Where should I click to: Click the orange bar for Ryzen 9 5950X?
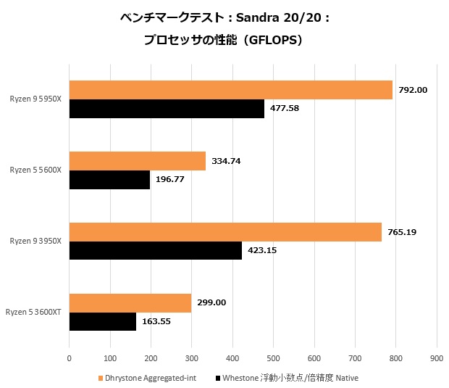pyautogui.click(x=230, y=90)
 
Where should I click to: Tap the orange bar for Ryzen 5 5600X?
pyautogui.click(x=138, y=161)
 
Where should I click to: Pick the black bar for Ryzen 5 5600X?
pyautogui.click(x=109, y=180)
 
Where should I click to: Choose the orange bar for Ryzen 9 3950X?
pyautogui.click(x=225, y=232)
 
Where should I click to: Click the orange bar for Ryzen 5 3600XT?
pyautogui.click(x=130, y=302)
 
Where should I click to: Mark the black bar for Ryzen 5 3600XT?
pyautogui.click(x=103, y=321)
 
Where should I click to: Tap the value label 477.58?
pyautogui.click(x=285, y=109)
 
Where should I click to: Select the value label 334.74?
pyautogui.click(x=226, y=161)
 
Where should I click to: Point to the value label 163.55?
pyautogui.click(x=156, y=321)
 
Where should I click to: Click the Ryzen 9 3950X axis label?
pyautogui.click(x=36, y=241)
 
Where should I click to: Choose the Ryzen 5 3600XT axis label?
pyautogui.click(x=34, y=312)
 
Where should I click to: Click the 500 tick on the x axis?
pyautogui.click(x=273, y=357)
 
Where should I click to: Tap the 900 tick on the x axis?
pyautogui.click(x=436, y=357)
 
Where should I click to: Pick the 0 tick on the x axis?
pyautogui.click(x=70, y=357)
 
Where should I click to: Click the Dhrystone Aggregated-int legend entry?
pyautogui.click(x=146, y=378)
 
